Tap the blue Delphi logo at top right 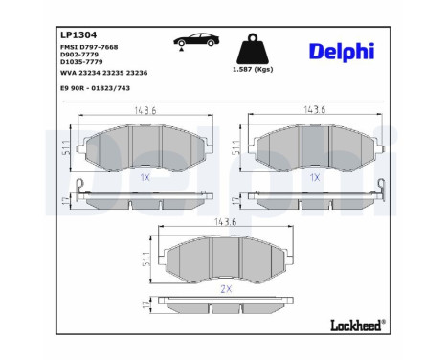pyautogui.click(x=342, y=51)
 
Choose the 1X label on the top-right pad pyautogui.click(x=314, y=178)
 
